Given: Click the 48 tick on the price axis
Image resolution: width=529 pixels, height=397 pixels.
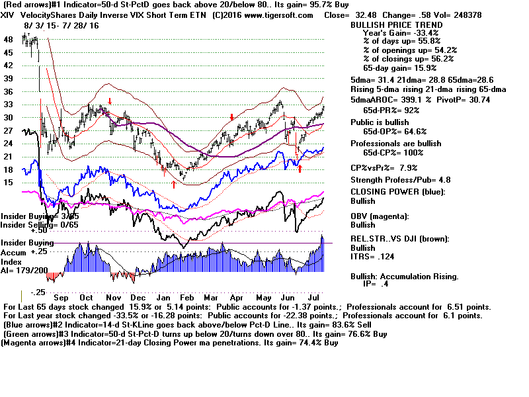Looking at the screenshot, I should point(8,40).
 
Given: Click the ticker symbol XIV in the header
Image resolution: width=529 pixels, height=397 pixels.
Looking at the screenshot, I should point(9,15).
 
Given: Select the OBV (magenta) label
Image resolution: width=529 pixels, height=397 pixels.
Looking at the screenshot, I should point(381,216).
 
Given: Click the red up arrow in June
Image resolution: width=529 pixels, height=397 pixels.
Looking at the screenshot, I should point(300,169).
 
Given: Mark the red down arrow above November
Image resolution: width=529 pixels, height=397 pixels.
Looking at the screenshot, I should point(110,101).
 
